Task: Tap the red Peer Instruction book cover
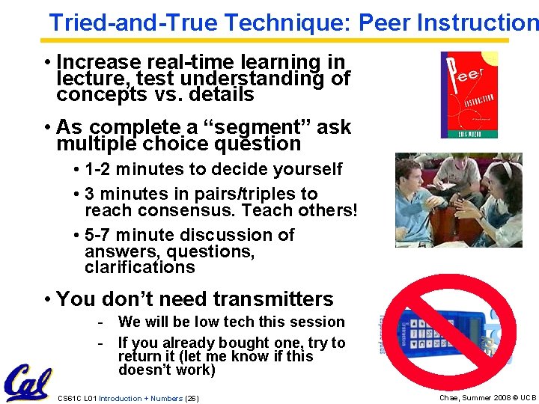pyautogui.click(x=469, y=94)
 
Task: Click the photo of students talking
pyautogui.click(x=458, y=201)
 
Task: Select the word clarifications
pyautogui.click(x=140, y=267)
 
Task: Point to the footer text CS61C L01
pyautogui.click(x=77, y=398)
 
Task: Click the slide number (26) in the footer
pyautogui.click(x=192, y=398)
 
